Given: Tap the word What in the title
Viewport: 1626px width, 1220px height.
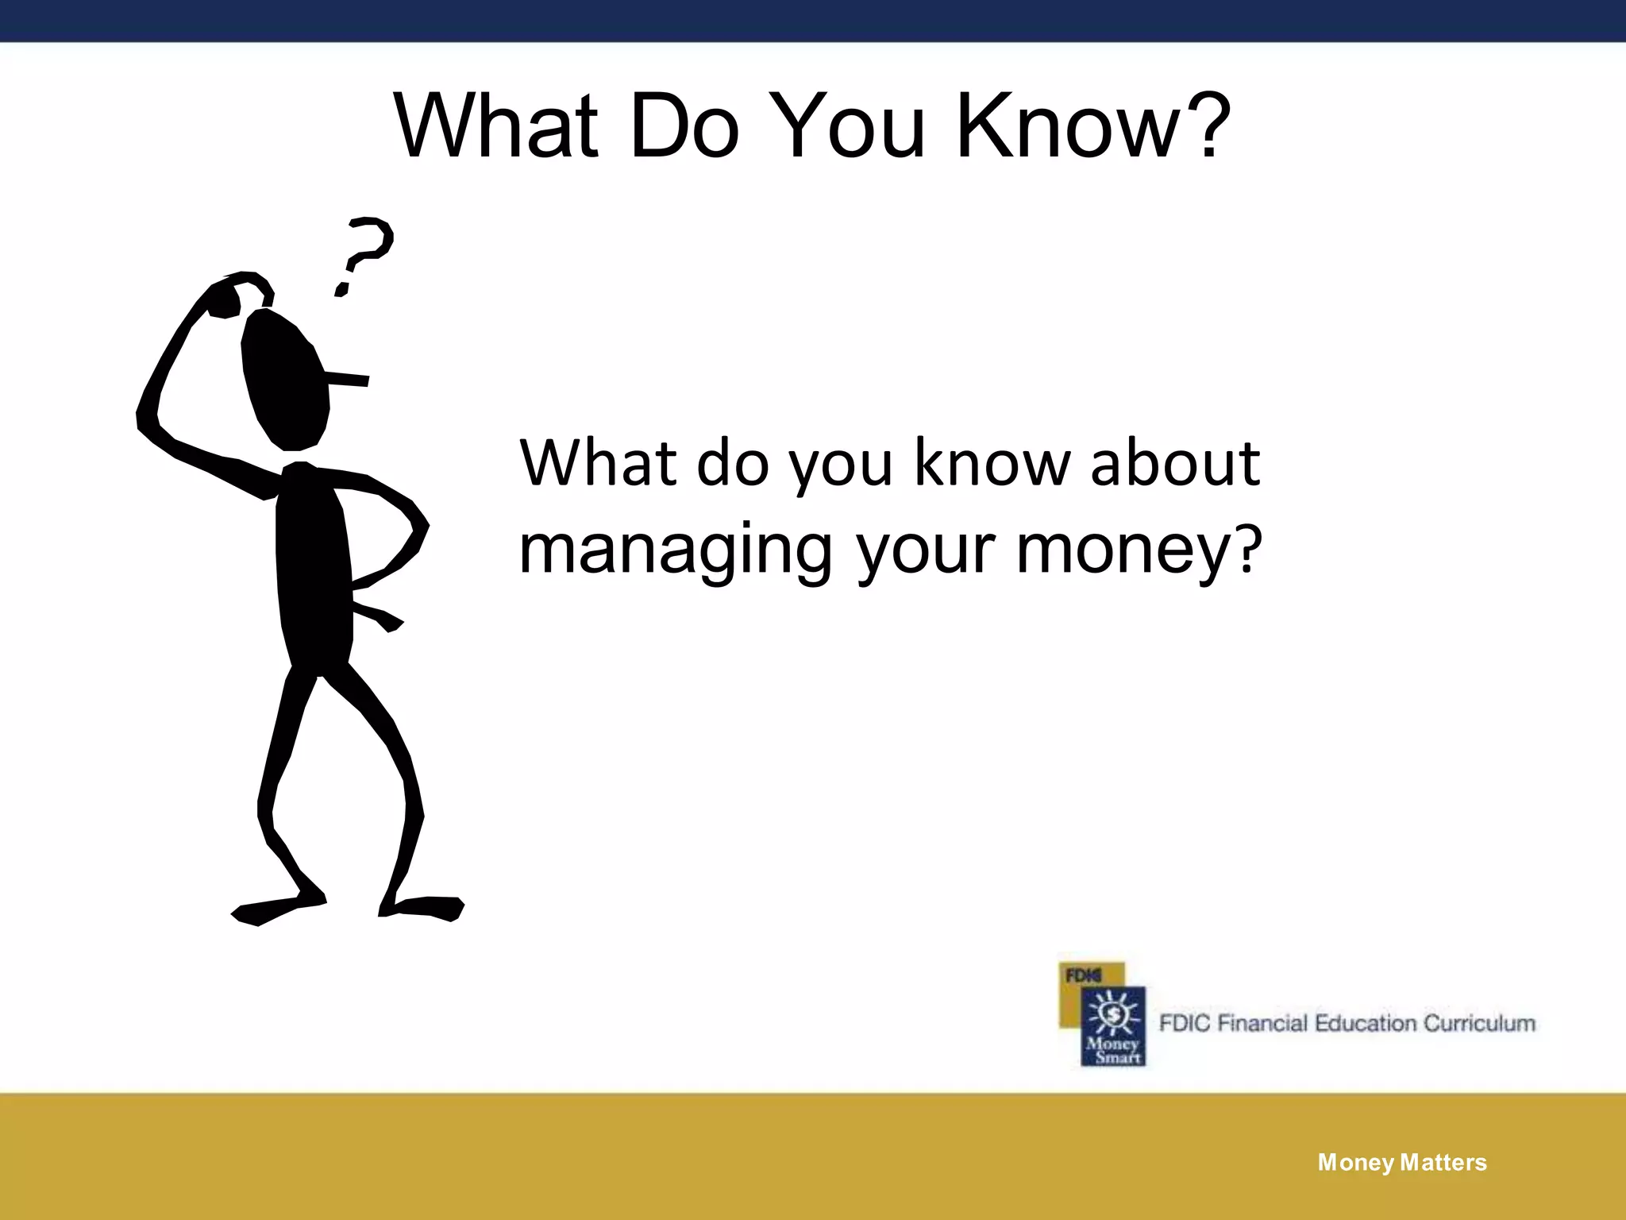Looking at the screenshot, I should [x=496, y=127].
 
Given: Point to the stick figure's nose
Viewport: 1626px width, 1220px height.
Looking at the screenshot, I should [x=349, y=379].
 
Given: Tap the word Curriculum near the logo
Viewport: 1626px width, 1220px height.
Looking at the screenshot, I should [x=1479, y=1023].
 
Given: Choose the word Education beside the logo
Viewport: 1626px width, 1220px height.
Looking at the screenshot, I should [x=1365, y=1023].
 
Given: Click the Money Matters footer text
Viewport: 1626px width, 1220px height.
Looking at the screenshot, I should [x=1402, y=1163].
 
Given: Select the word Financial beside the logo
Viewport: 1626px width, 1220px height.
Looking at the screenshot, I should [x=1262, y=1023].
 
